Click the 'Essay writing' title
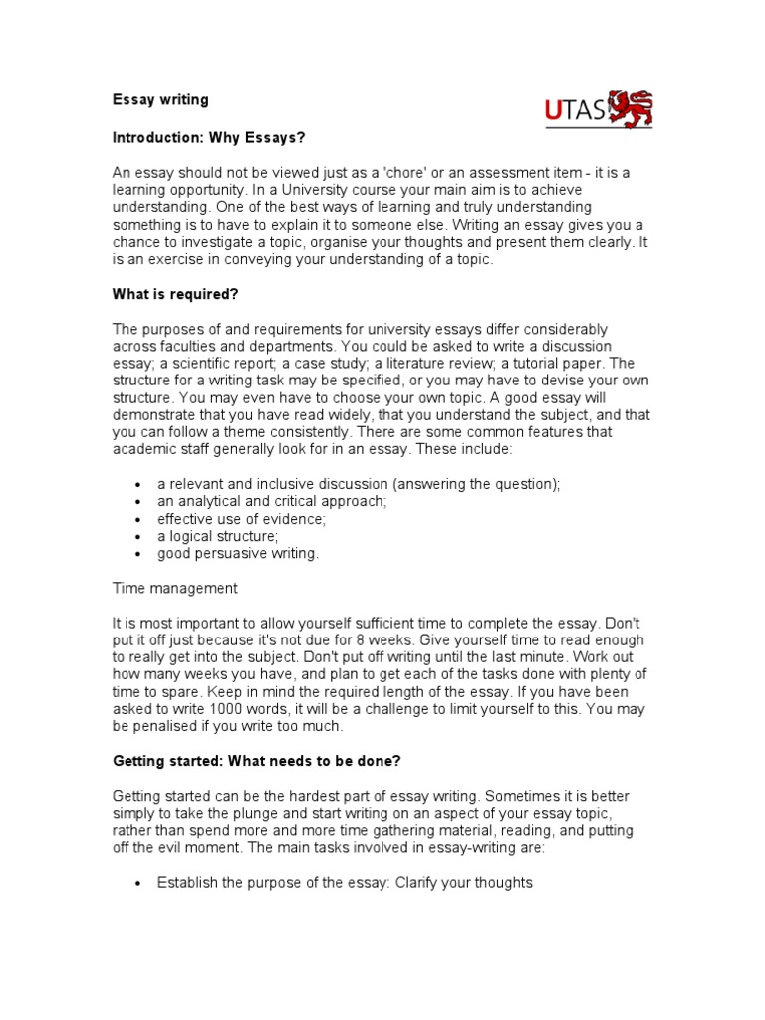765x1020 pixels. pyautogui.click(x=159, y=100)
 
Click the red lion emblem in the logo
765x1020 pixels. pyautogui.click(x=631, y=109)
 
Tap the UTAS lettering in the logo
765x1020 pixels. pyautogui.click(x=575, y=111)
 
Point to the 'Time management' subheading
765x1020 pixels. pyautogui.click(x=174, y=589)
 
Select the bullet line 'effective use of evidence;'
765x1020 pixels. pyautogui.click(x=241, y=519)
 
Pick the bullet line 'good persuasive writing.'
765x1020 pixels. pyautogui.click(x=238, y=553)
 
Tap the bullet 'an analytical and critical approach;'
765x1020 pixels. pyautogui.click(x=271, y=502)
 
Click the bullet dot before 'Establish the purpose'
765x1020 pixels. pyautogui.click(x=135, y=883)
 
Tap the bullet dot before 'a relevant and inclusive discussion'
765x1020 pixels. pyautogui.click(x=135, y=485)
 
